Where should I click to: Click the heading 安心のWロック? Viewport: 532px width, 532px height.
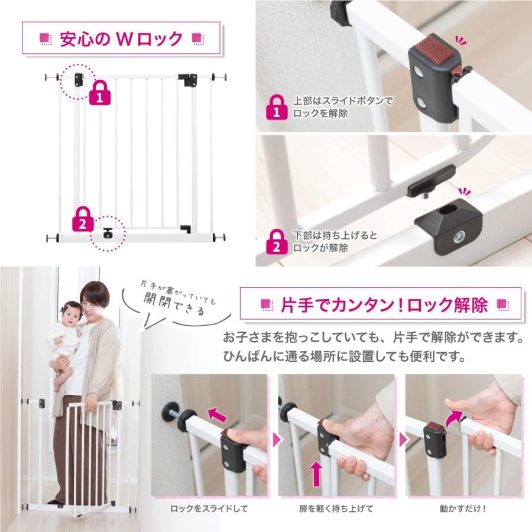tap(121, 38)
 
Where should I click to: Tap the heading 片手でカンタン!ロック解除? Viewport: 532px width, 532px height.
tap(384, 304)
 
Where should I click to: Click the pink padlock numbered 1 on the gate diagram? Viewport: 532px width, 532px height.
tap(100, 93)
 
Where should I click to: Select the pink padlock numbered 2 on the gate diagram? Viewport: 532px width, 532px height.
tap(83, 219)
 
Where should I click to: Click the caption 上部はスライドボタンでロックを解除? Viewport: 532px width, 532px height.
tap(343, 107)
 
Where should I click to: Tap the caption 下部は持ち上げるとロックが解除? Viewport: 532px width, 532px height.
tap(335, 241)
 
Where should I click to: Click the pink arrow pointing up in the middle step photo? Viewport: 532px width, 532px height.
tap(316, 473)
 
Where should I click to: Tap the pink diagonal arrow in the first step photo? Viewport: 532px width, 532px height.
tap(218, 414)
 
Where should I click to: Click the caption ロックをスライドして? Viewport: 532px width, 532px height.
tap(209, 508)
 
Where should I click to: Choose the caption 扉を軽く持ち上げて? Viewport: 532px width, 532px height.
tap(336, 508)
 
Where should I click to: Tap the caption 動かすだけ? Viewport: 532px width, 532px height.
tap(463, 508)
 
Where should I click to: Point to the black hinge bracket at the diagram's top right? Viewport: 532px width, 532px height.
tap(187, 79)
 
